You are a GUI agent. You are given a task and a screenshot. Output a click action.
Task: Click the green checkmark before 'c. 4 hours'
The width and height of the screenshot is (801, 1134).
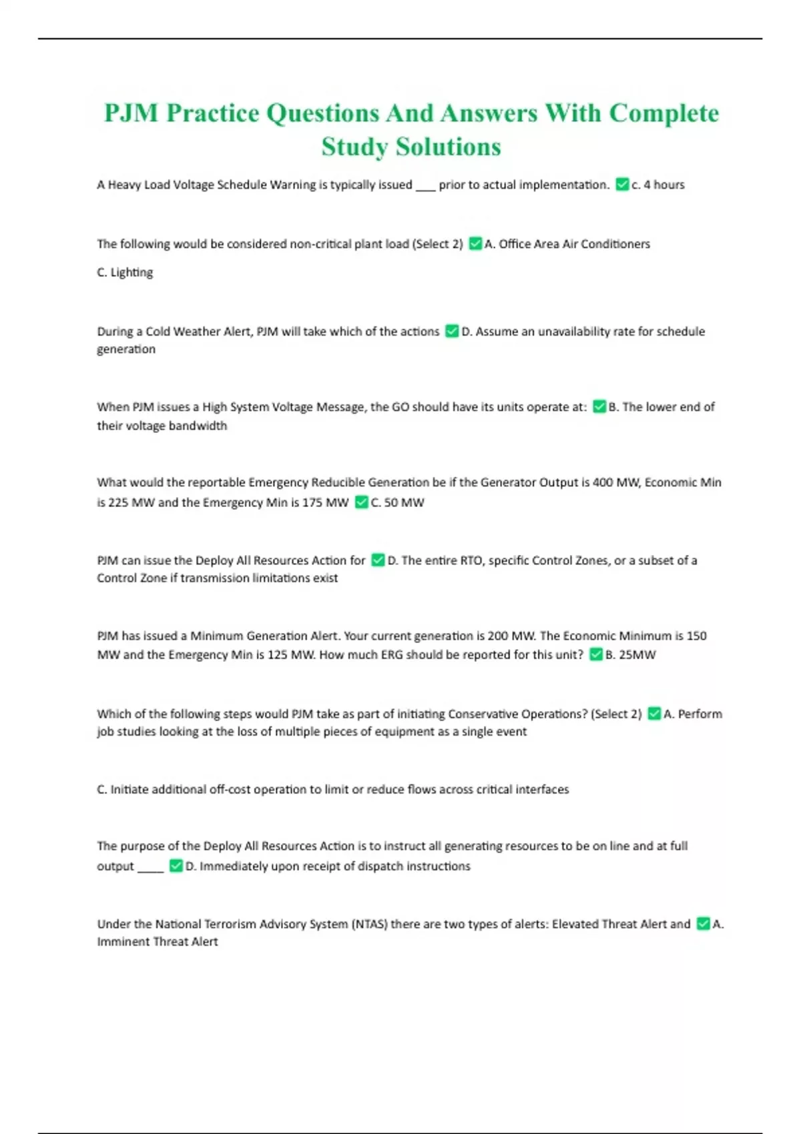click(622, 185)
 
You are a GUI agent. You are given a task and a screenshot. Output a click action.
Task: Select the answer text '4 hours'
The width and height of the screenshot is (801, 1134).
click(664, 185)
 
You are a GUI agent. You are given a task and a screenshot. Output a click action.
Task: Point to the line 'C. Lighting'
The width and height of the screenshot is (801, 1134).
click(125, 272)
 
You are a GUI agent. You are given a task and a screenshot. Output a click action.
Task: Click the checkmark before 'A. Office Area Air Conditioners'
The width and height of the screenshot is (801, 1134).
click(475, 244)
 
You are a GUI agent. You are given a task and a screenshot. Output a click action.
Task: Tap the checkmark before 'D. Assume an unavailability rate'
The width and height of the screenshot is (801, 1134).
click(452, 332)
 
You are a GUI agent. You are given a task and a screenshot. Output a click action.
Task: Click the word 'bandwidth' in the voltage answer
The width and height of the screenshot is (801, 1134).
click(198, 426)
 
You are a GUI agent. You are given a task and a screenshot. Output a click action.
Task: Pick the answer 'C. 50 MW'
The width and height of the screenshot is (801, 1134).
click(397, 502)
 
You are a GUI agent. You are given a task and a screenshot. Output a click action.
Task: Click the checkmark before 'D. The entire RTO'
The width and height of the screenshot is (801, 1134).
click(378, 560)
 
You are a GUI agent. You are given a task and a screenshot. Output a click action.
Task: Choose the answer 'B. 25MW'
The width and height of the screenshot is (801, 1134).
click(630, 655)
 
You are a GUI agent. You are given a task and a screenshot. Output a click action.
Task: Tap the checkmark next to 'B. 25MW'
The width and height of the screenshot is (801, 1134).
click(596, 655)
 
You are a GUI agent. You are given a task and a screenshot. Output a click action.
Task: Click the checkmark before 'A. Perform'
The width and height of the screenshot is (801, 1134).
click(654, 714)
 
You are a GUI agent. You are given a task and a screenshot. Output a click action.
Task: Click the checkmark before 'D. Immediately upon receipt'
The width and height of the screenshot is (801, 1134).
click(176, 866)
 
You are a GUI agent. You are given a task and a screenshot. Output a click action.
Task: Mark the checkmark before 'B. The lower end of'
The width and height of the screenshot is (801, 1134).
click(599, 407)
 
